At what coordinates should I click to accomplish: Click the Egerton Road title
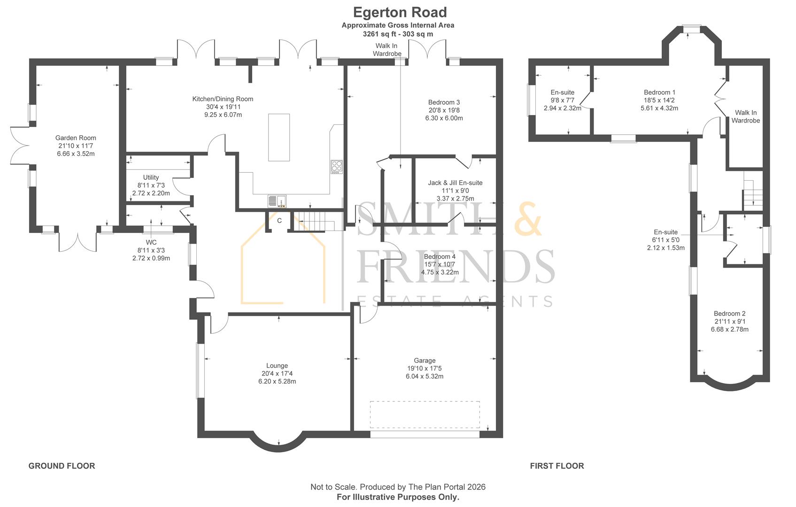coord(400,12)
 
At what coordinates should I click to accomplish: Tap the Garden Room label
coord(76,138)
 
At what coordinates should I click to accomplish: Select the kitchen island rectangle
coord(278,137)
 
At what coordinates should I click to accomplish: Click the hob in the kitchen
coord(336,167)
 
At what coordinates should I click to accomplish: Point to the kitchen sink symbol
coord(277,201)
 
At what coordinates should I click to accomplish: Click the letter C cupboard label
coord(279,221)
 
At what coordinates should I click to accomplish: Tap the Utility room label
coord(151,177)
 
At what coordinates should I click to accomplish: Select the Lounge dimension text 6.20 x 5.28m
coord(277,382)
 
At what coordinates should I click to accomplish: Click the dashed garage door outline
coord(425,414)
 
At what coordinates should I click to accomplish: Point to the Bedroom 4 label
coord(440,257)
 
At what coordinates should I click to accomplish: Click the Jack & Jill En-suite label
coord(455,183)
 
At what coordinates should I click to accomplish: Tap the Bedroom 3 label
coord(444,102)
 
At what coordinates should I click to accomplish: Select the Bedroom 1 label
coord(659,92)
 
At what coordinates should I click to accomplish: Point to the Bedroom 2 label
coord(729,314)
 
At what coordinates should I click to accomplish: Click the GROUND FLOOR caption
coord(62,466)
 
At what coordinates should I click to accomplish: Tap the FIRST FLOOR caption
coord(557,466)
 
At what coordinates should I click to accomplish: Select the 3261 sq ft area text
coord(398,34)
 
